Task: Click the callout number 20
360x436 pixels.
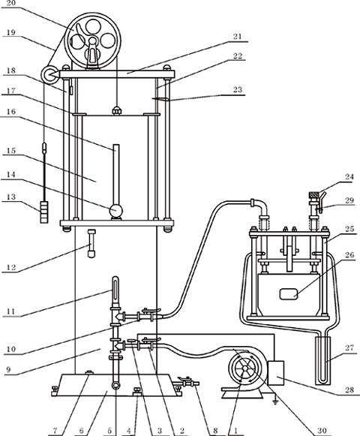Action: coord(10,4)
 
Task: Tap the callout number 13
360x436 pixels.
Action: coord(10,197)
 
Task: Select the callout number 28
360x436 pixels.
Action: coord(349,389)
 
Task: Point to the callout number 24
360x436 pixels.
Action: coord(349,176)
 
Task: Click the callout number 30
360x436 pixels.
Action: coord(322,431)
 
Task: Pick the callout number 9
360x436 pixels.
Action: coord(8,369)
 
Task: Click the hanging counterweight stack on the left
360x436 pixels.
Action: coord(44,212)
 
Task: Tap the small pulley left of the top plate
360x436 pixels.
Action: coord(50,75)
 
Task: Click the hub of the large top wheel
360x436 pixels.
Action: coord(92,42)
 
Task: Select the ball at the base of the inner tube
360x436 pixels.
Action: coord(116,210)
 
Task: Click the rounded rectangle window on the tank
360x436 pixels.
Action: coord(289,294)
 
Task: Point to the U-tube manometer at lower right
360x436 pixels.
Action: coord(322,361)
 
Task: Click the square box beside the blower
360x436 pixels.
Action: coord(276,373)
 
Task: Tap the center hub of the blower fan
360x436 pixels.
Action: coord(245,368)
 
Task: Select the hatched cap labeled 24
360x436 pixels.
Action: coord(314,194)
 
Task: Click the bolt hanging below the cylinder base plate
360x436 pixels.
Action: coord(91,244)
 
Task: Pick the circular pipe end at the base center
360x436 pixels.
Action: coord(115,386)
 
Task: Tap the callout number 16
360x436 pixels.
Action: coord(10,112)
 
